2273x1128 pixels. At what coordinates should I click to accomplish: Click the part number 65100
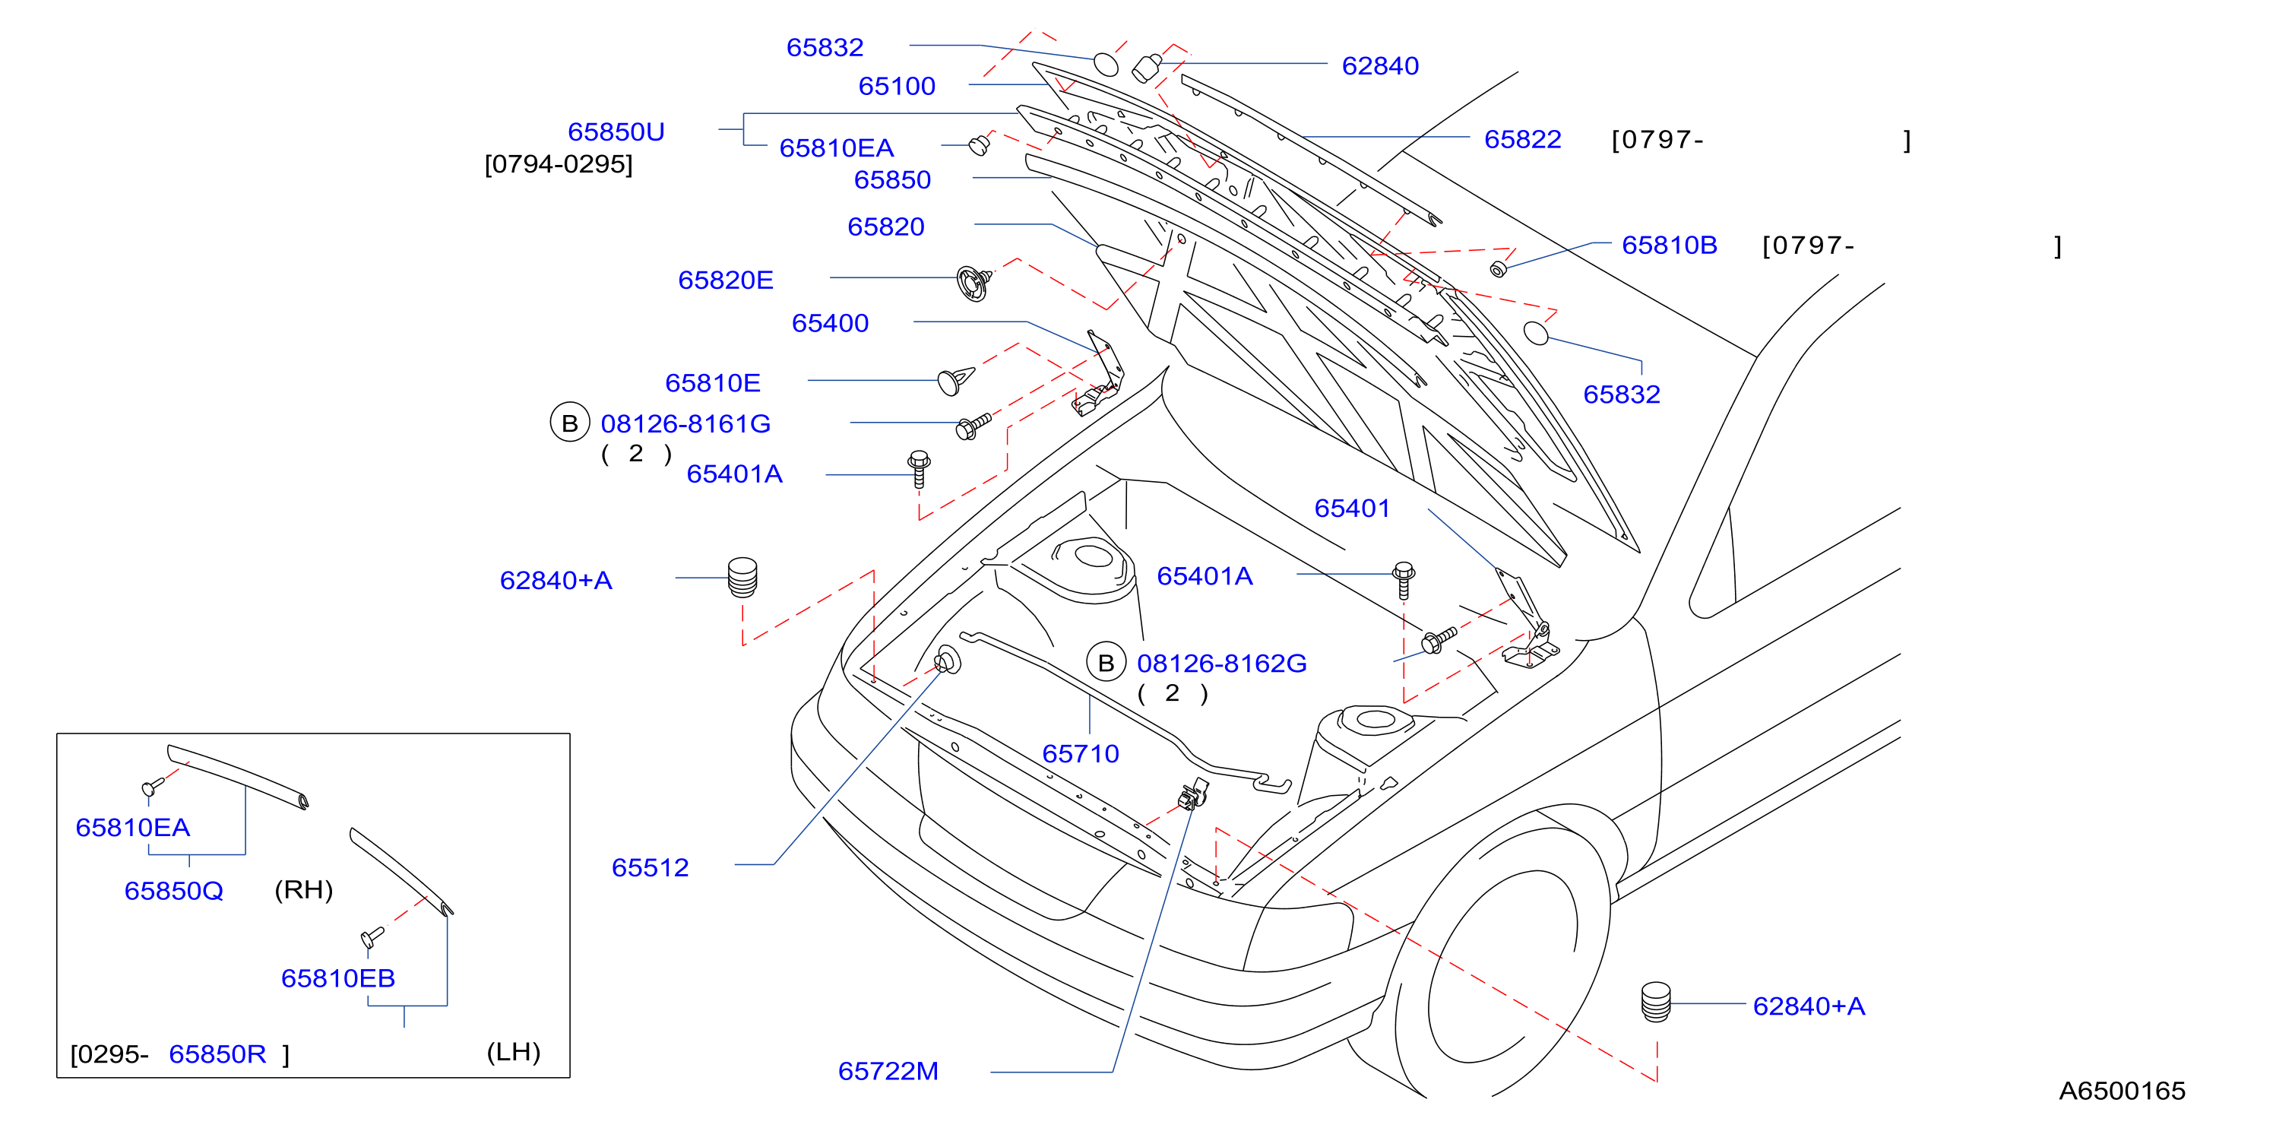[x=897, y=87]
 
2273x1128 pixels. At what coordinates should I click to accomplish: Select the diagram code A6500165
[x=2122, y=1091]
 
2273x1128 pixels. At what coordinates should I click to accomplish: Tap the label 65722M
[x=888, y=1071]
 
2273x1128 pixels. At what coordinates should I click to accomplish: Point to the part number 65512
[x=651, y=867]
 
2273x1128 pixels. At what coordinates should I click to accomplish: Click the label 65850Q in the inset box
[x=174, y=891]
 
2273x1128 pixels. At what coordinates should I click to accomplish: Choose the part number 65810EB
[x=338, y=978]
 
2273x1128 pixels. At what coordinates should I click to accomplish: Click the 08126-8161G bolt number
[x=685, y=423]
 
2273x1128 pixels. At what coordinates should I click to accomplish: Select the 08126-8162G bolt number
[x=1221, y=663]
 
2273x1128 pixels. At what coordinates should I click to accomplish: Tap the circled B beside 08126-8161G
[x=570, y=423]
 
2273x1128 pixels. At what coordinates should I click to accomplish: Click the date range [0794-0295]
[x=559, y=164]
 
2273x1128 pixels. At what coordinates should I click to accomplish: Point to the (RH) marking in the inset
[x=303, y=889]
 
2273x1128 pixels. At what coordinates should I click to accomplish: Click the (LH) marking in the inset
[x=514, y=1052]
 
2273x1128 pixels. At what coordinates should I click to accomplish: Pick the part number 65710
[x=1081, y=754]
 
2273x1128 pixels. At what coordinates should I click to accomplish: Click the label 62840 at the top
[x=1380, y=66]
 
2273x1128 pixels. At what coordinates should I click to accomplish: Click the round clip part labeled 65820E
[x=973, y=283]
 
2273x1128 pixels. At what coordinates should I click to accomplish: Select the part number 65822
[x=1522, y=139]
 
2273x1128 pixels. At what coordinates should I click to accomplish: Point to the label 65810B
[x=1670, y=246]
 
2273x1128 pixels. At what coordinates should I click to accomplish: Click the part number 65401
[x=1352, y=509]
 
